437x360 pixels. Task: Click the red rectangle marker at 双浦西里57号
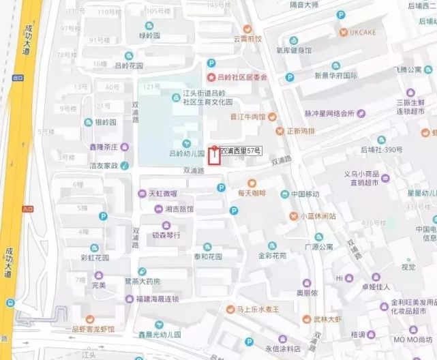(214, 155)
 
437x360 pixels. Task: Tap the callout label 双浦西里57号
(241, 150)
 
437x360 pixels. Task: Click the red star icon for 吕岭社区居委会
(211, 77)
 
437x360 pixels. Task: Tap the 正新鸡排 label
(301, 130)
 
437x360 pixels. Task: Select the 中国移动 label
(305, 194)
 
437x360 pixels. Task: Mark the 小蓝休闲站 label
(318, 215)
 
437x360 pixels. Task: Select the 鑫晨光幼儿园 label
(159, 335)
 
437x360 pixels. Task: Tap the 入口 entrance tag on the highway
(28, 209)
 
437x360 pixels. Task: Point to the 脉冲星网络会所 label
(329, 113)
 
